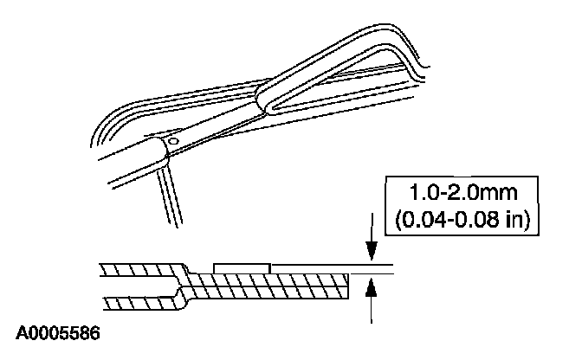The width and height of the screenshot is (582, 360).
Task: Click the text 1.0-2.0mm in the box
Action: tap(462, 193)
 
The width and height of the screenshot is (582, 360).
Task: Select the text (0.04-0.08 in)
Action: tap(462, 220)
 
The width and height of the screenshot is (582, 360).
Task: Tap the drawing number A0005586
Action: tap(57, 333)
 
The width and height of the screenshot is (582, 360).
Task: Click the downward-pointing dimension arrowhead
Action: tap(372, 251)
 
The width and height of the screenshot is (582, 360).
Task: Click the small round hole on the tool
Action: tap(173, 141)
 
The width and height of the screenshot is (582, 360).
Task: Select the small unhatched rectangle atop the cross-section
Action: tap(242, 269)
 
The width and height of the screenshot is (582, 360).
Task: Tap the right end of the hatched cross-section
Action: tap(348, 286)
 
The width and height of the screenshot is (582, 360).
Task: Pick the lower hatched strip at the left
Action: tap(141, 303)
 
